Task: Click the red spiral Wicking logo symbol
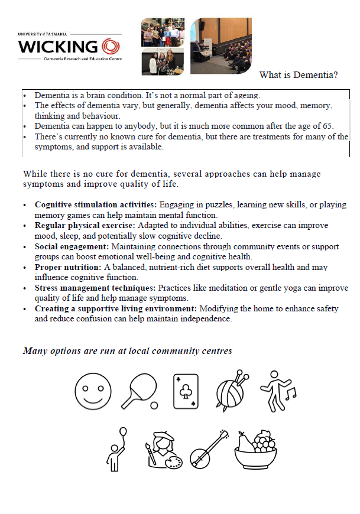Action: (111, 46)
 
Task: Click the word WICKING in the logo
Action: (58, 47)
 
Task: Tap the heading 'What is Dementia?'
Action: (299, 75)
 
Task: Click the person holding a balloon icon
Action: (116, 446)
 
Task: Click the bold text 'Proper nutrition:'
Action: (67, 268)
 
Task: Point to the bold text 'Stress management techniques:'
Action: (95, 288)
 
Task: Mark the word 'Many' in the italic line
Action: (34, 351)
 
